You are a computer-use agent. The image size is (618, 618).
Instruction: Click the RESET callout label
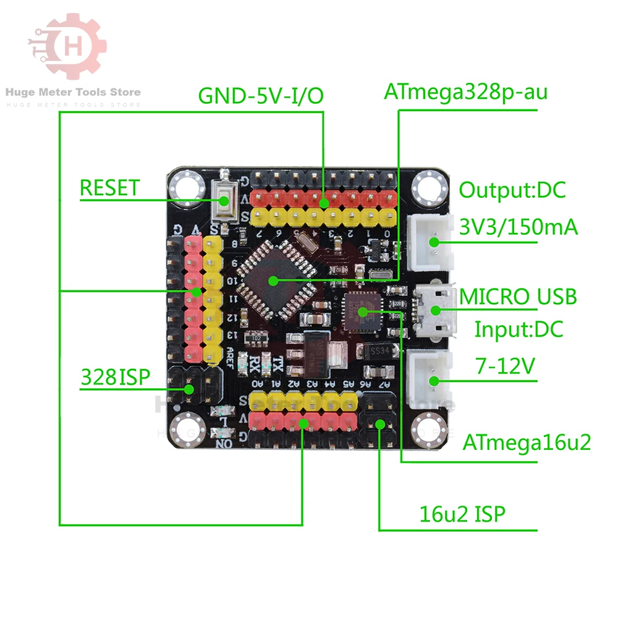109,188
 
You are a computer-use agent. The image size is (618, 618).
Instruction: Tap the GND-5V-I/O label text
260,97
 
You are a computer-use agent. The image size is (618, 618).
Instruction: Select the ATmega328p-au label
465,92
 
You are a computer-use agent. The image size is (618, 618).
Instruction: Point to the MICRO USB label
518,296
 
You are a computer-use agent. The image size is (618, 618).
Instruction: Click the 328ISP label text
115,376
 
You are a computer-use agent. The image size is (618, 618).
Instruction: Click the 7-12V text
504,366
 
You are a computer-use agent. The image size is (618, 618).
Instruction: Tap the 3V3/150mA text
519,227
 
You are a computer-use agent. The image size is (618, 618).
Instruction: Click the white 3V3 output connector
431,242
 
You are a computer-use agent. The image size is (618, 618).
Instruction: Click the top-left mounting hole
186,185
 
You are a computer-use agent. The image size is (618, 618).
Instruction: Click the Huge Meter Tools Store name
73,93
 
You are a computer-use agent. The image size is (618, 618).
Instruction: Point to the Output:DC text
512,190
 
